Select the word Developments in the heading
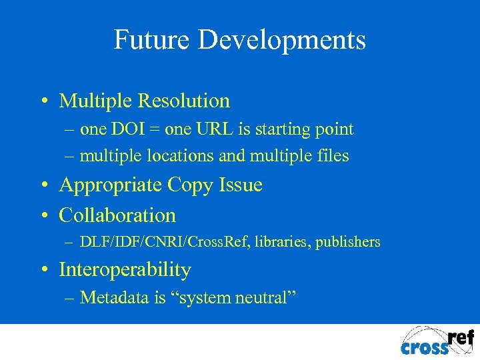pyautogui.click(x=283, y=40)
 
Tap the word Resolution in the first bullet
pyautogui.click(x=183, y=101)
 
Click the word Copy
pyautogui.click(x=189, y=185)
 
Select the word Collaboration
pyautogui.click(x=117, y=215)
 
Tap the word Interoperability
pyautogui.click(x=125, y=270)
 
